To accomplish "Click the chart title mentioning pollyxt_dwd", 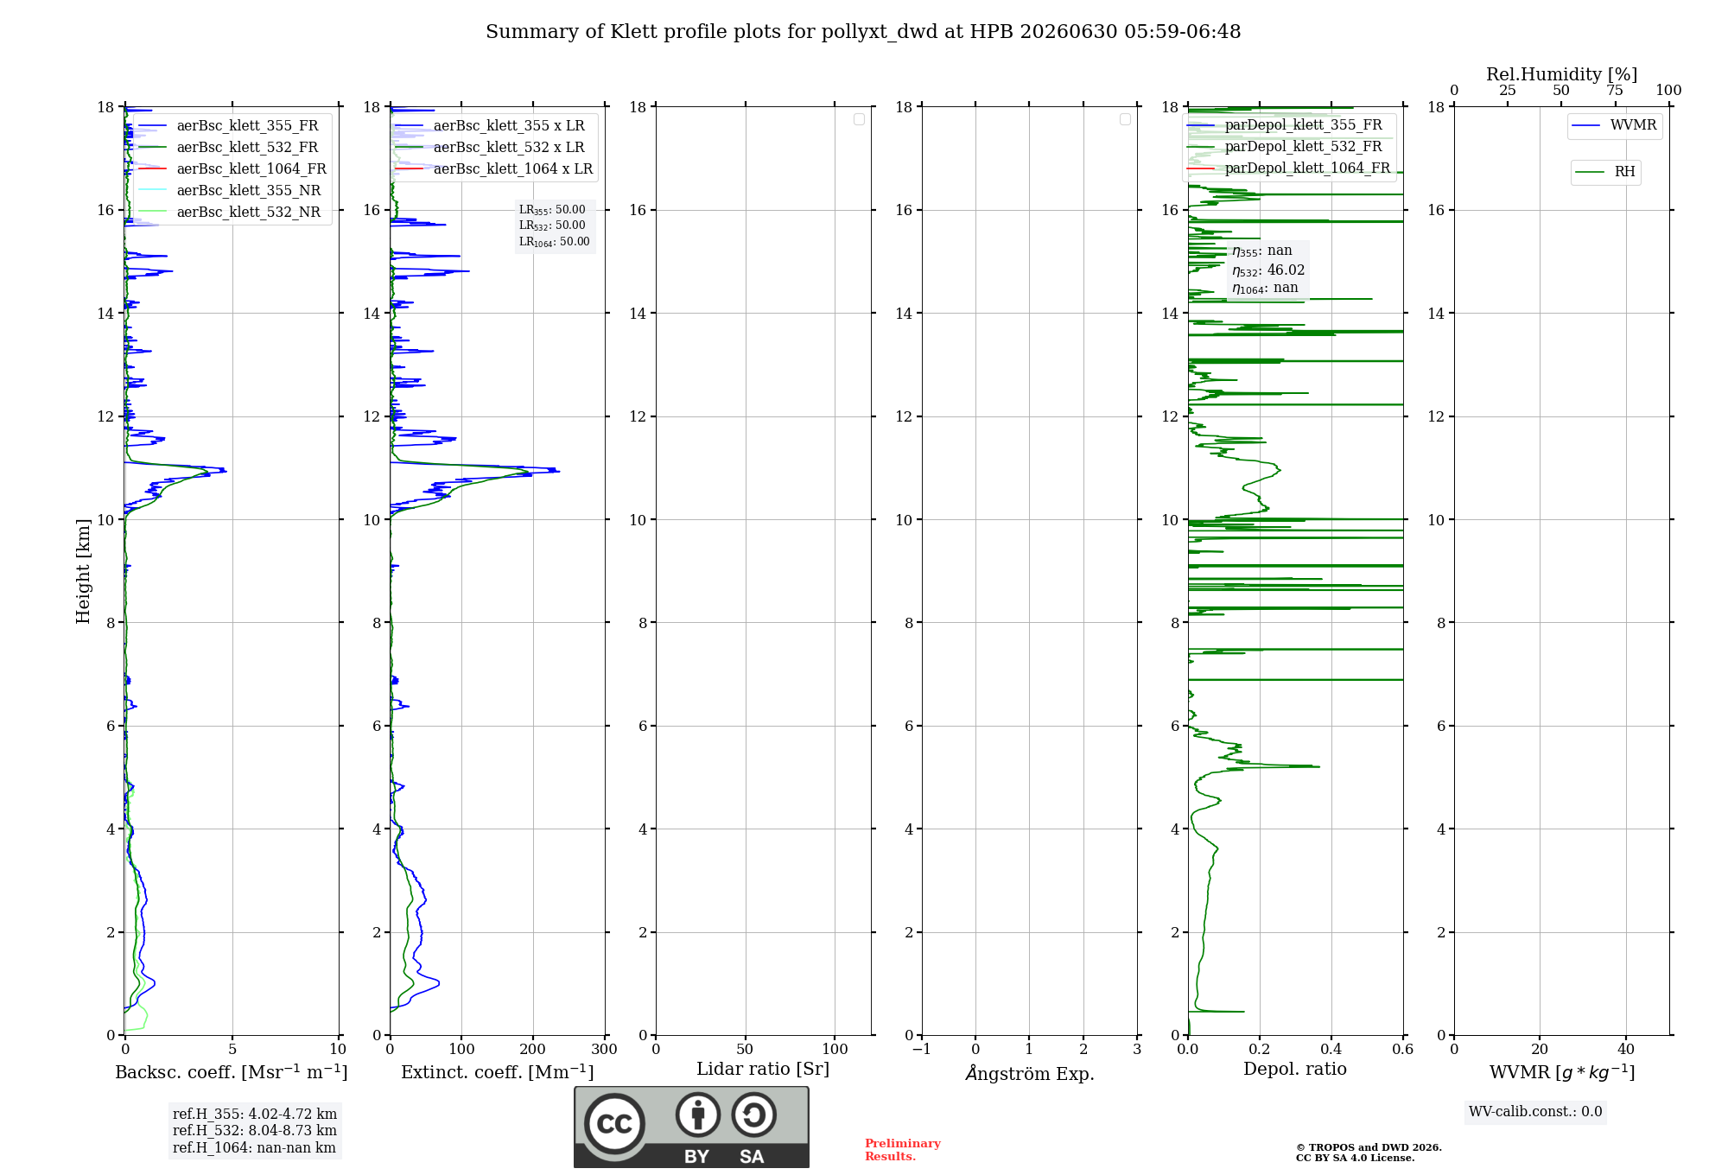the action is pos(863,32).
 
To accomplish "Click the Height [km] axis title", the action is pos(83,571).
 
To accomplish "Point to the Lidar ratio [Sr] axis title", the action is pos(763,1070).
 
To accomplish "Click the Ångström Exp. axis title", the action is pos(1030,1073).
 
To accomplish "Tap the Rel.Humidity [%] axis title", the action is pos(1562,74).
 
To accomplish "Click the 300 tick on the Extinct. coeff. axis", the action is pos(605,1050).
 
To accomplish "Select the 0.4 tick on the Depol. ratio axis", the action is pos(1331,1050).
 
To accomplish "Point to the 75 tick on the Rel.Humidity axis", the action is pos(1615,91).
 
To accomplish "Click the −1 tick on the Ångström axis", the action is pos(922,1050).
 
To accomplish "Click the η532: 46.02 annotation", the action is pos(1268,270).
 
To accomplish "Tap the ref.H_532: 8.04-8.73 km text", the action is pos(255,1131).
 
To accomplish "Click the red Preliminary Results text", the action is pos(903,1150).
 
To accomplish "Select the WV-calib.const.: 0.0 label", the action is pos(1535,1112).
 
